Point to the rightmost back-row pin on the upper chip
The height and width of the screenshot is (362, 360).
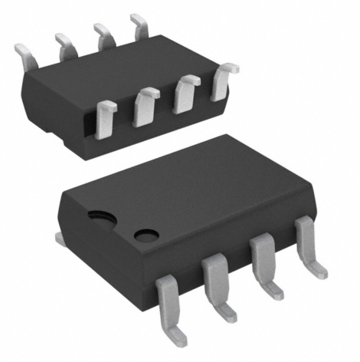[x=139, y=26]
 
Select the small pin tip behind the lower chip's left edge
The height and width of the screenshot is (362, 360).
[x=60, y=239]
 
